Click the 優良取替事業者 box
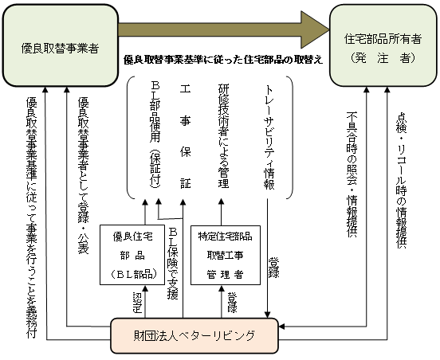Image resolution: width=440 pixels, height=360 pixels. (61, 45)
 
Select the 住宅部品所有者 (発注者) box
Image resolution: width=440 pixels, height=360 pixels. (383, 45)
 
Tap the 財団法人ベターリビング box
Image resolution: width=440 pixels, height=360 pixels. (194, 335)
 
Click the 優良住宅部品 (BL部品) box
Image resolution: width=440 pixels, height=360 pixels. (132, 255)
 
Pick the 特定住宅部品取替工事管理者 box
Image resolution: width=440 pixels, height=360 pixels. (226, 255)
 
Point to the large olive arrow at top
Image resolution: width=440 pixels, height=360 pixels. (224, 29)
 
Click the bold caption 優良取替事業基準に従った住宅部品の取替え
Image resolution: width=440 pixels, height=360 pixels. (223, 60)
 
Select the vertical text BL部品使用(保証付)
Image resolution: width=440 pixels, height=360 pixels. (155, 135)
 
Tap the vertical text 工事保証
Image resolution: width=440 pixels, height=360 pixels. (185, 136)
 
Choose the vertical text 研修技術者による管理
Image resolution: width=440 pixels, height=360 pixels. (224, 135)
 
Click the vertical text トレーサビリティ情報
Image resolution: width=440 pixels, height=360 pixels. (269, 137)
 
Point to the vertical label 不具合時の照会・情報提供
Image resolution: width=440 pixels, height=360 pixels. (352, 174)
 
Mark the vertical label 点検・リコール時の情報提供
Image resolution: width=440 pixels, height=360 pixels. (401, 180)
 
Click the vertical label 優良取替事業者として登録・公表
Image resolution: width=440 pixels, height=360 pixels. (83, 176)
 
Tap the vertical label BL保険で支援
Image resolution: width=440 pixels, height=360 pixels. (173, 264)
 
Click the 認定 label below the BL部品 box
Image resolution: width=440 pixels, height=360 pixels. (137, 303)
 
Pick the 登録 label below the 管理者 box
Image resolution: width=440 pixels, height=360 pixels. (232, 303)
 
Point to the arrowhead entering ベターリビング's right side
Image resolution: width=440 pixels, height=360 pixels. (281, 327)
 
